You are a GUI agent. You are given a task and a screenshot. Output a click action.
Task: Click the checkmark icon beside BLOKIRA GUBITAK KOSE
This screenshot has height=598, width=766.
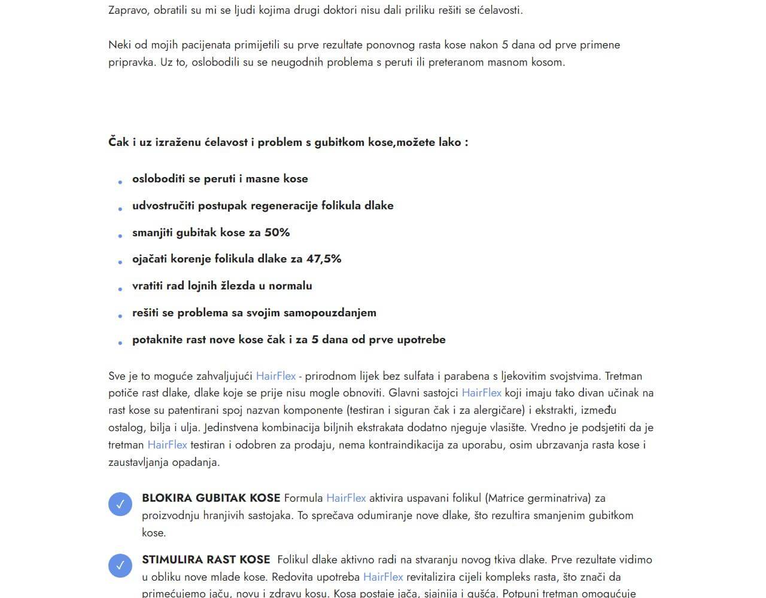pyautogui.click(x=120, y=504)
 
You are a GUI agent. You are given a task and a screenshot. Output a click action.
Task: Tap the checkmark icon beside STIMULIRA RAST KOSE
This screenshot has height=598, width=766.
pyautogui.click(x=120, y=566)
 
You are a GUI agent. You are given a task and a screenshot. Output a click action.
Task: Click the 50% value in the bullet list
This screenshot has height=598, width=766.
pyautogui.click(x=277, y=233)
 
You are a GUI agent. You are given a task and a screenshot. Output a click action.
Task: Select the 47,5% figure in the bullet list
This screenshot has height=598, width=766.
pyautogui.click(x=324, y=259)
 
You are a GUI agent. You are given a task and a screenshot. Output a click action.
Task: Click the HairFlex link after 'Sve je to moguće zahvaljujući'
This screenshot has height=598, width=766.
pyautogui.click(x=276, y=376)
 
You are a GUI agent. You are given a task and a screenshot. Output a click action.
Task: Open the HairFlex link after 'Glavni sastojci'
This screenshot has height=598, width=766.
pyautogui.click(x=481, y=393)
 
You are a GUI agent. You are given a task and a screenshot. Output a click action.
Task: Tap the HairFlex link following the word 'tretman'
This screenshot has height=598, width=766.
pyautogui.click(x=167, y=445)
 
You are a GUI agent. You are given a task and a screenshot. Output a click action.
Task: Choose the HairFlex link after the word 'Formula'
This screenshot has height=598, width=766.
pyautogui.click(x=346, y=498)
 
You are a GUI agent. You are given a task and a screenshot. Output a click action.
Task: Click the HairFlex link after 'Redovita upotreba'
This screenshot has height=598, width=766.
pyautogui.click(x=383, y=577)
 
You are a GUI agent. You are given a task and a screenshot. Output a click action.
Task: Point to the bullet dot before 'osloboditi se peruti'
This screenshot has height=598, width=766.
pyautogui.click(x=120, y=182)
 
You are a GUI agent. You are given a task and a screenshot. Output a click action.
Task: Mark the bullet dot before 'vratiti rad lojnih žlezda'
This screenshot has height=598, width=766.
pyautogui.click(x=120, y=289)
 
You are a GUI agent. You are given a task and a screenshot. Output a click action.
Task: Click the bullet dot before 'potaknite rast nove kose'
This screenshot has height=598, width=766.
pyautogui.click(x=120, y=343)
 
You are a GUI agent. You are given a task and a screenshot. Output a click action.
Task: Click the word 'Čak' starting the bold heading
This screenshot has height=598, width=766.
pyautogui.click(x=118, y=142)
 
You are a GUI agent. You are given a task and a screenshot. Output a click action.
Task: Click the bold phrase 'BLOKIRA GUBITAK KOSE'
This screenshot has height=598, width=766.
pyautogui.click(x=211, y=498)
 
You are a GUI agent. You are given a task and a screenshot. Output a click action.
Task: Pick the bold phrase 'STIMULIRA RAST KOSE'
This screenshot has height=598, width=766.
pyautogui.click(x=206, y=560)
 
